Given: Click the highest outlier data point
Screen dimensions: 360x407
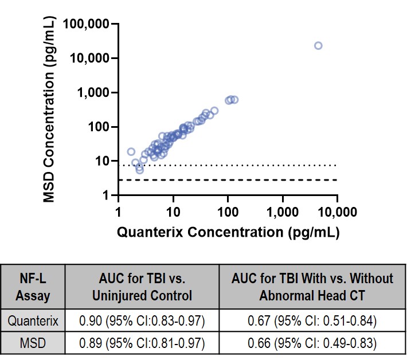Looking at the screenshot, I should (318, 45).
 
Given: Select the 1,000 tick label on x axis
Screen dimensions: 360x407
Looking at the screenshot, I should (283, 212).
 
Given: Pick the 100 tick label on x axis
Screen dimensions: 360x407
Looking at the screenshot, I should (228, 212).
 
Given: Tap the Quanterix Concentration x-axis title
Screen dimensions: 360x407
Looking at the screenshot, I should (228, 233).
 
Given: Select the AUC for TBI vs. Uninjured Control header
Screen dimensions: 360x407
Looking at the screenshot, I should (142, 288).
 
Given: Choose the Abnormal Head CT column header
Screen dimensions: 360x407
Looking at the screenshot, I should (313, 288).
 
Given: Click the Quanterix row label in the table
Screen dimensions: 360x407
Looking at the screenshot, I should (33, 321).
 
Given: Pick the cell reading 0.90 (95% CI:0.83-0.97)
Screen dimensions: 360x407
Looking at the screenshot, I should (142, 321).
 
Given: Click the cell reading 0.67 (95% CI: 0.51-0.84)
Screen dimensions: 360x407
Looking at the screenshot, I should (313, 321).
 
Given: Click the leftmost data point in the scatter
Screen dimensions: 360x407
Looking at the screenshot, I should (131, 152).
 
